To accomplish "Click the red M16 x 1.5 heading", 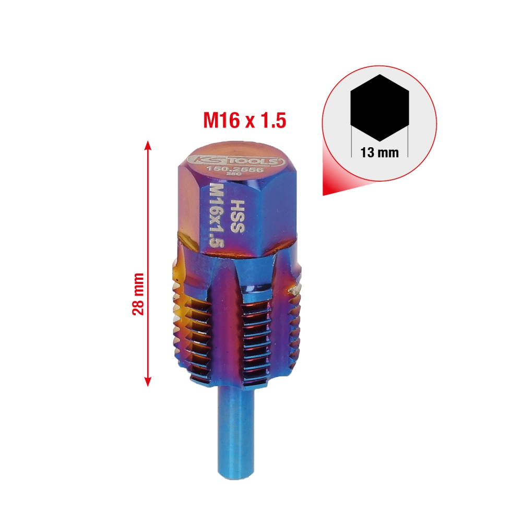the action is pyautogui.click(x=245, y=120).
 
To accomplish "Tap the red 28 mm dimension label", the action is pyautogui.click(x=138, y=294).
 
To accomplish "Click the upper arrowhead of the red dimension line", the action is pyautogui.click(x=148, y=145).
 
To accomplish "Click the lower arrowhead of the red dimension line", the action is pyautogui.click(x=148, y=382).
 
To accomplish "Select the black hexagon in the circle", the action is pyautogui.click(x=379, y=108).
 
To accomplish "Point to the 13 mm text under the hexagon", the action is pyautogui.click(x=379, y=153).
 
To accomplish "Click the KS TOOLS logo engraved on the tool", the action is pyautogui.click(x=235, y=160).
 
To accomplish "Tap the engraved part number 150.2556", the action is pyautogui.click(x=235, y=170).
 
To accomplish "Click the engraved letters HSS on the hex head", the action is pyautogui.click(x=238, y=216).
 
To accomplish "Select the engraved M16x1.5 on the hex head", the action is pyautogui.click(x=216, y=216).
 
